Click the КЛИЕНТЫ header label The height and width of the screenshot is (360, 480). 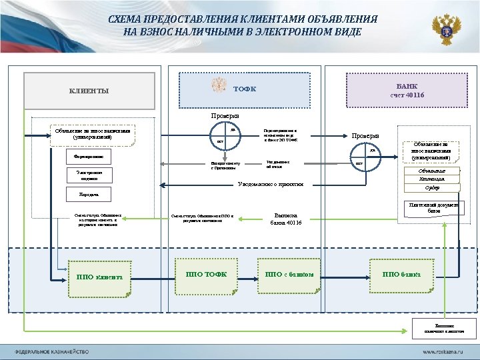click(90, 91)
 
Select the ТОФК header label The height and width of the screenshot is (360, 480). click(245, 89)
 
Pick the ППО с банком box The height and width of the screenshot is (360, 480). click(289, 275)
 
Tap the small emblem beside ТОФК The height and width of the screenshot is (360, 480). click(219, 87)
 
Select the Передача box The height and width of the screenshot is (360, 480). click(84, 195)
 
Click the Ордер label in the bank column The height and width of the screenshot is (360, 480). click(432, 187)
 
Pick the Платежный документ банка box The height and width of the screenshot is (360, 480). click(434, 207)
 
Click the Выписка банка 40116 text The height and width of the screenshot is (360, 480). click(286, 219)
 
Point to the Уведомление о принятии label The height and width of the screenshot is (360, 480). click(271, 184)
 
